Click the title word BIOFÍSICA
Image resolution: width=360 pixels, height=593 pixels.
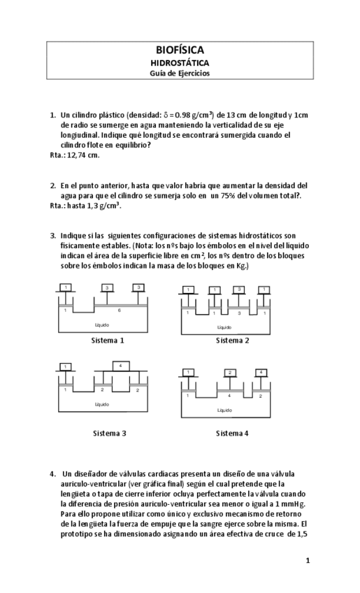[x=180, y=50]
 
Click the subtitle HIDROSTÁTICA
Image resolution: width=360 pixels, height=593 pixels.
[x=180, y=62]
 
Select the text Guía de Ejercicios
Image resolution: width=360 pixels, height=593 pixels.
[x=180, y=73]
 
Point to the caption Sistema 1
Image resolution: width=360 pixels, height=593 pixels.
[x=108, y=341]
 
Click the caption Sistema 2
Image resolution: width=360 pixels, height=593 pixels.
[x=233, y=341]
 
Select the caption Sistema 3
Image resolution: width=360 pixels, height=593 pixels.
[x=110, y=433]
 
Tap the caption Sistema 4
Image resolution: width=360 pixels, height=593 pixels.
[x=233, y=433]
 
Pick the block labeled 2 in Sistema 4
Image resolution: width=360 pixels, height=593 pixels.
[x=229, y=373]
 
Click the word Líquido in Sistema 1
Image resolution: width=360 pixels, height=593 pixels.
[x=102, y=325]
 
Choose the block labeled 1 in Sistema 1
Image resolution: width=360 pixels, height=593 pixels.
[x=65, y=287]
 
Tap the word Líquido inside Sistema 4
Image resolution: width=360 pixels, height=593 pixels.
[x=224, y=410]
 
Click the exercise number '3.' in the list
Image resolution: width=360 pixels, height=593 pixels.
[x=53, y=236]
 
